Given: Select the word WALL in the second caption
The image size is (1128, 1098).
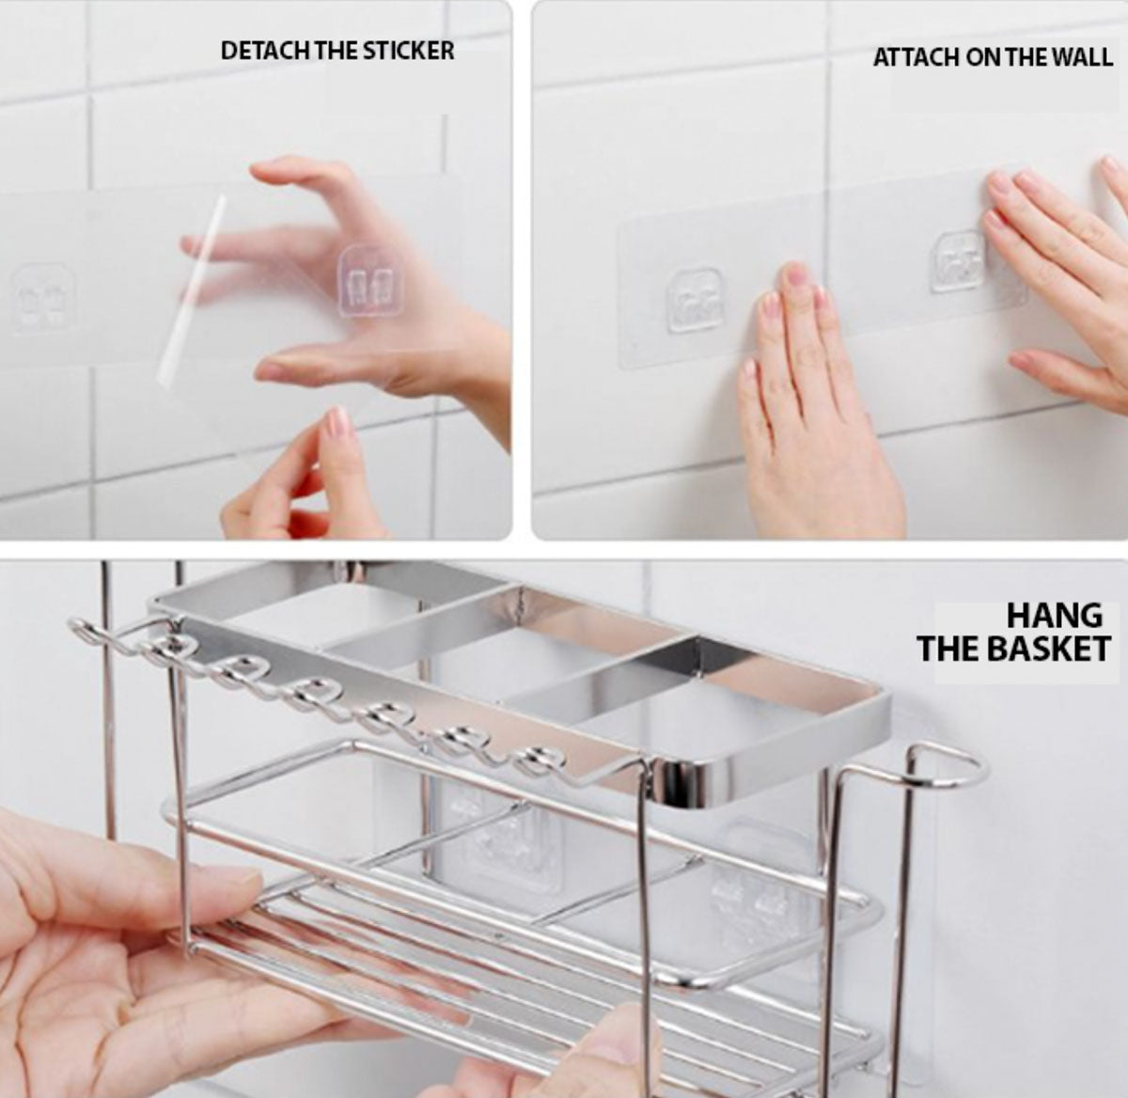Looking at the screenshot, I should [x=1080, y=57].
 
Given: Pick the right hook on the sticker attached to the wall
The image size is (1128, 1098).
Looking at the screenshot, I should [x=958, y=258].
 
